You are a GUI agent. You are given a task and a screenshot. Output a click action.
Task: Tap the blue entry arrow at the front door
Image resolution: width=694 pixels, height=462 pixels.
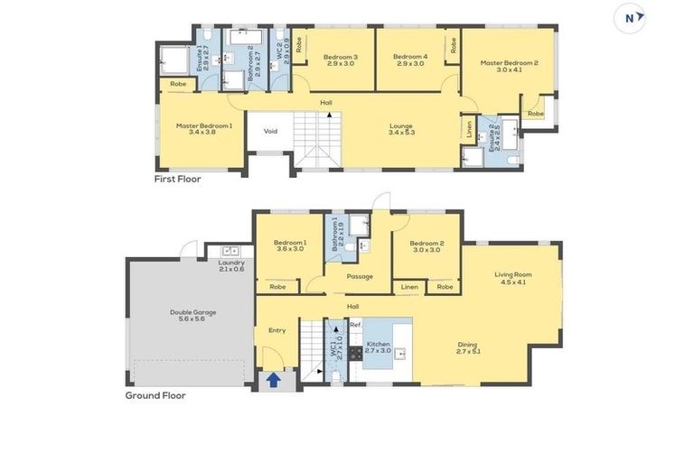(x=272, y=380)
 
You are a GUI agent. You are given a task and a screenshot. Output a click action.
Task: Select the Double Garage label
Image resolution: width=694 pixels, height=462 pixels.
(x=192, y=316)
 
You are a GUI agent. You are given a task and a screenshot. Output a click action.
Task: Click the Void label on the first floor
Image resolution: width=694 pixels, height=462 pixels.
(x=270, y=131)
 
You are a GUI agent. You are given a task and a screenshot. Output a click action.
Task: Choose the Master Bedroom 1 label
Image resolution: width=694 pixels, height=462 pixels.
(x=203, y=129)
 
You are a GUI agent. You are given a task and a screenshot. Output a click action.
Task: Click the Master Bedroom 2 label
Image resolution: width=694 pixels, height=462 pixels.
(x=509, y=66)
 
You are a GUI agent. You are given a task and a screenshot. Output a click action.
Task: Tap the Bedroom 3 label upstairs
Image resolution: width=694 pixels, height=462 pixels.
(x=341, y=60)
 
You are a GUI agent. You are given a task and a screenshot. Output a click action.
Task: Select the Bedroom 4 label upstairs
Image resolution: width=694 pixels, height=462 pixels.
(x=408, y=60)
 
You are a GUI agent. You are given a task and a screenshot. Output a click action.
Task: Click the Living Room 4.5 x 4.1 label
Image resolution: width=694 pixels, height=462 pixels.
(x=512, y=278)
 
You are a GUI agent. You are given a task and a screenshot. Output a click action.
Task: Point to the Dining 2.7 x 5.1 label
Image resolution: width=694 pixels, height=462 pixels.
(x=467, y=347)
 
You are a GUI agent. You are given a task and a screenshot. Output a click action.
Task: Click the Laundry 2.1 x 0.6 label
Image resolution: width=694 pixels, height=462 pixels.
(x=231, y=266)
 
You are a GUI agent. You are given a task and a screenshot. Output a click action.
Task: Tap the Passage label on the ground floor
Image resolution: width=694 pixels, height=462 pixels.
(x=359, y=276)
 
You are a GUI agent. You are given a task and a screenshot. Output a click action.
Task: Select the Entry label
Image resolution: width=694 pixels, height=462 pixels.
(x=277, y=330)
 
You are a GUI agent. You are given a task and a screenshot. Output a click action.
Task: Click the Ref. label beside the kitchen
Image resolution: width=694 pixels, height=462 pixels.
(x=355, y=324)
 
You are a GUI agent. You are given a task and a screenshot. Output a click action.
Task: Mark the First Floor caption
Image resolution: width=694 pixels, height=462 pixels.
(x=177, y=179)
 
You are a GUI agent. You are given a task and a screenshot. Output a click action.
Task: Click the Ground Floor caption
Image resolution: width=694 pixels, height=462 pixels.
(x=155, y=394)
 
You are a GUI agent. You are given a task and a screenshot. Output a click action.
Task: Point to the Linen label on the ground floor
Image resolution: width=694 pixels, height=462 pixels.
(x=409, y=287)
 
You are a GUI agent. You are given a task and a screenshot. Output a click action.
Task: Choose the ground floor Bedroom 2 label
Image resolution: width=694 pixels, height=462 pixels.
(x=427, y=246)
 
